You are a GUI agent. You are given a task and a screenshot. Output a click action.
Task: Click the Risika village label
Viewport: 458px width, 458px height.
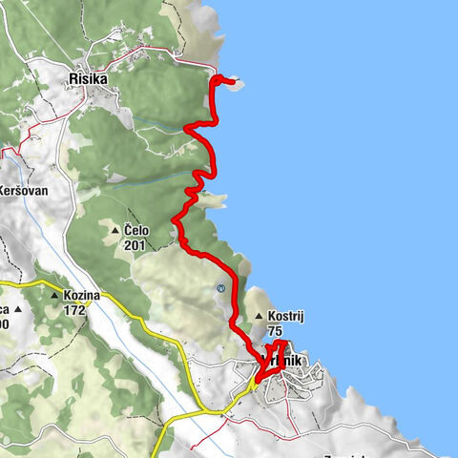pyautogui.click(x=88, y=78)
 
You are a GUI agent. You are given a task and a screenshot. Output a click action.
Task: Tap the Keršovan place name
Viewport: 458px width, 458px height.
pyautogui.click(x=25, y=189)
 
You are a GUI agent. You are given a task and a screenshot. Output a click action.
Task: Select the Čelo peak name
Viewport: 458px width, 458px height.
pyautogui.click(x=135, y=230)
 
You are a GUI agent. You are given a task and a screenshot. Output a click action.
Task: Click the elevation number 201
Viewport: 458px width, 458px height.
pyautogui.click(x=134, y=244)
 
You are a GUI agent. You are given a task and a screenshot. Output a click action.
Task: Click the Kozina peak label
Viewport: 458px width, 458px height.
pyautogui.click(x=81, y=296)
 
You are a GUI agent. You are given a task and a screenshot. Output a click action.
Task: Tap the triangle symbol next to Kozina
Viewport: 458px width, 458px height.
pyautogui.click(x=54, y=296)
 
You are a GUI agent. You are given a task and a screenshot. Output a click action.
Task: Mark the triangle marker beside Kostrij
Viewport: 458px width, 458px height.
pyautogui.click(x=257, y=317)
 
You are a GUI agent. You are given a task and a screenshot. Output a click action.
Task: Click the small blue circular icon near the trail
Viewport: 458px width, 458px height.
pyautogui.click(x=220, y=286)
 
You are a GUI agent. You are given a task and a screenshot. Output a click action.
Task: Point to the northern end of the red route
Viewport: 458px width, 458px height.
pyautogui.click(x=232, y=81)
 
